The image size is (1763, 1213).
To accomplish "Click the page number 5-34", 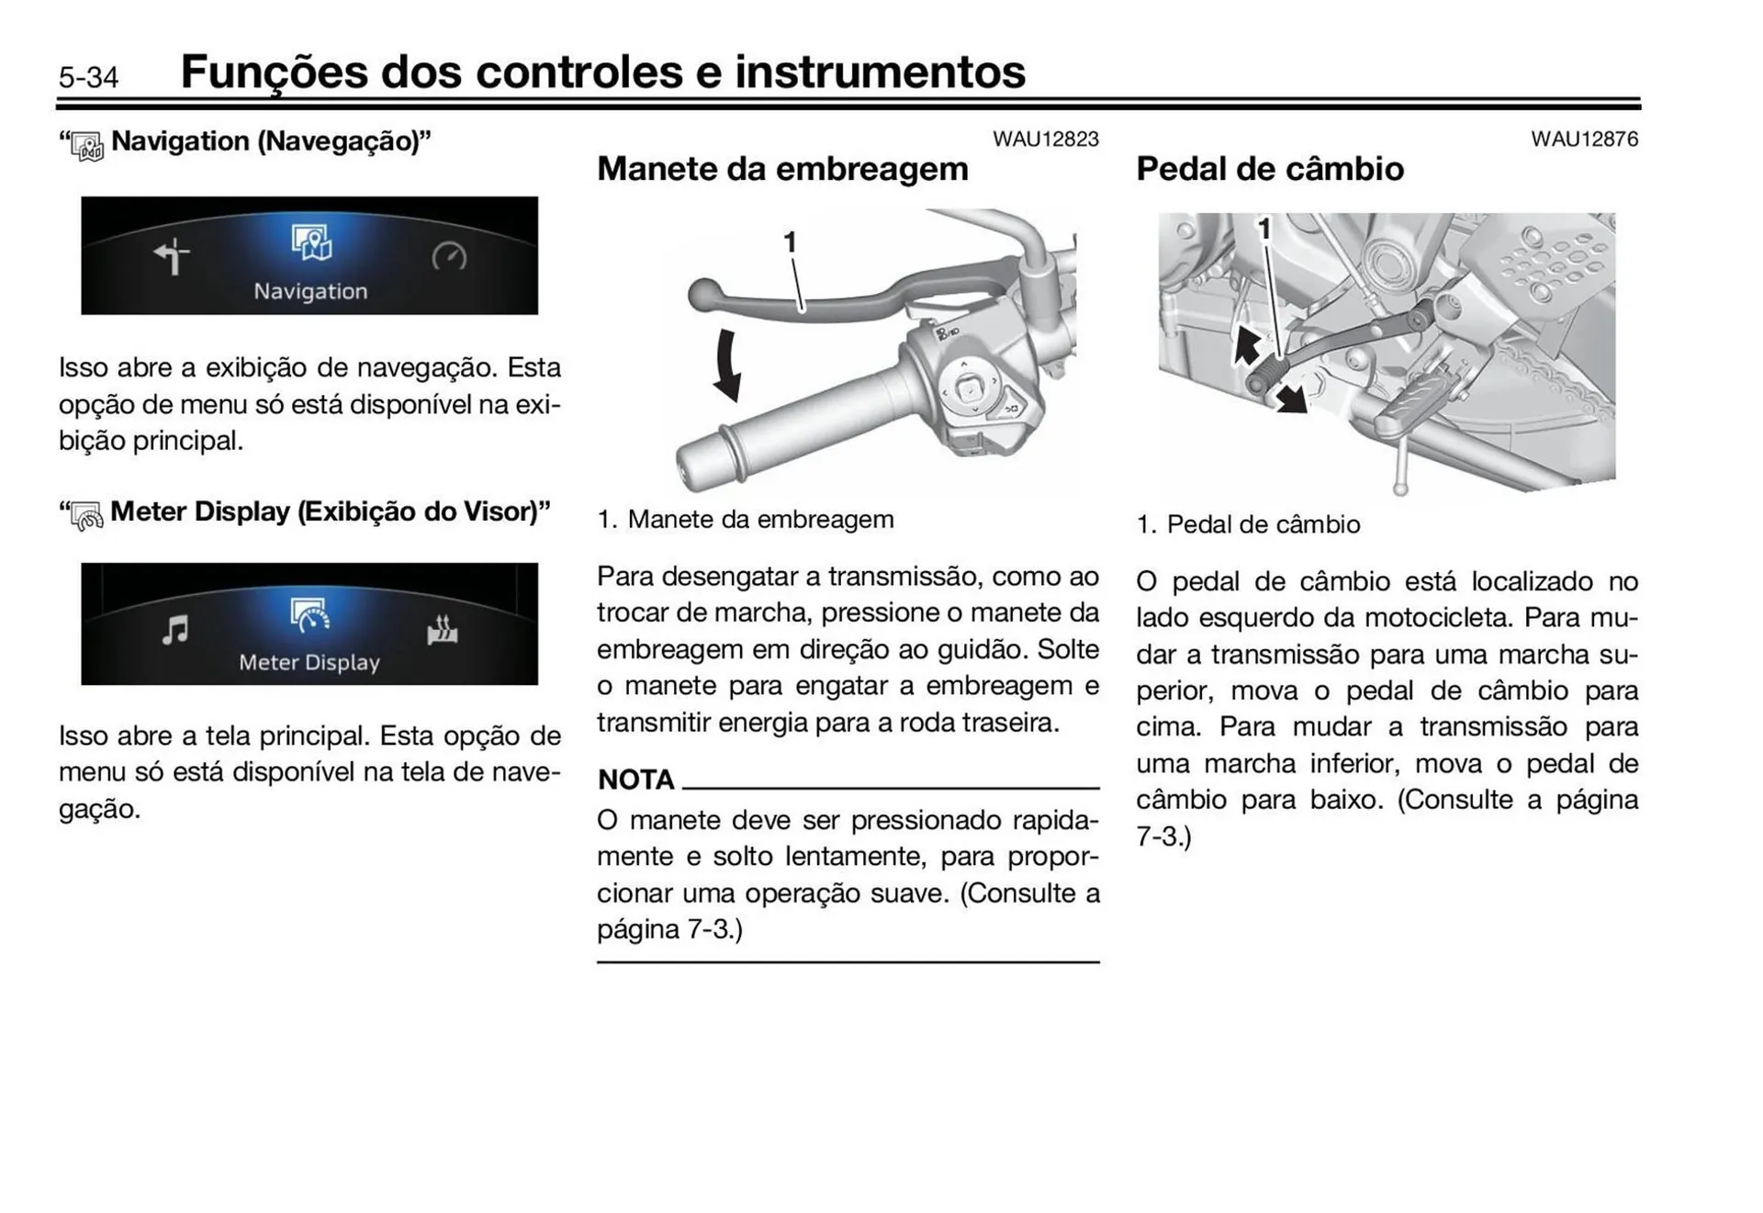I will [88, 77].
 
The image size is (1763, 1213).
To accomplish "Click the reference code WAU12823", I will [1045, 140].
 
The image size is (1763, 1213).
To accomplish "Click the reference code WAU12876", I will [1584, 140].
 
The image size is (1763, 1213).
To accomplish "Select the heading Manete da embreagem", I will [782, 169].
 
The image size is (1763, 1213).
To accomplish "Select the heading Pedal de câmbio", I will [1269, 169].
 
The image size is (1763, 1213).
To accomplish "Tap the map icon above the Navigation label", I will [311, 242].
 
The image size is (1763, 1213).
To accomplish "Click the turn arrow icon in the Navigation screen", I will [172, 256].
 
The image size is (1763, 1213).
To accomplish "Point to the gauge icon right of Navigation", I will [449, 256].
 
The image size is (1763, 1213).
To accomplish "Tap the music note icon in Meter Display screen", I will [174, 630].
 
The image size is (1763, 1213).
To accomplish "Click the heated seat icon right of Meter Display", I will [443, 631].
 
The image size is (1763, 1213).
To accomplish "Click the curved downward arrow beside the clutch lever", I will [728, 365].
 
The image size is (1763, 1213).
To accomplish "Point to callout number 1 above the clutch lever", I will [789, 242].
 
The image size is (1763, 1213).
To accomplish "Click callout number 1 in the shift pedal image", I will [1264, 229].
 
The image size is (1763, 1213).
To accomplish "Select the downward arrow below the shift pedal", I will [1292, 399].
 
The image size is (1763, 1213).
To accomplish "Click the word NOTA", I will [635, 780].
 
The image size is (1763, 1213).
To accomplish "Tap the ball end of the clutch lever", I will [703, 294].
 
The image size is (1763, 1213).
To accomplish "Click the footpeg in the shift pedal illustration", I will [1414, 401].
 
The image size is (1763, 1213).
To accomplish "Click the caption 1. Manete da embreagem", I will [745, 520].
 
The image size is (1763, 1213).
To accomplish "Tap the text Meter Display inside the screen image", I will [309, 663].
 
